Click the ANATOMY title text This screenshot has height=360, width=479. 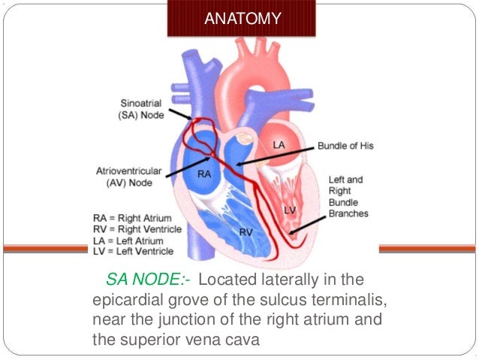click(243, 19)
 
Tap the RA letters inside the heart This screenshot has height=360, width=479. click(203, 174)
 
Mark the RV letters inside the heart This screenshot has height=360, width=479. click(246, 232)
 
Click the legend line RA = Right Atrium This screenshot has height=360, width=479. click(132, 219)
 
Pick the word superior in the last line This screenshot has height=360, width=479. click(153, 340)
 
